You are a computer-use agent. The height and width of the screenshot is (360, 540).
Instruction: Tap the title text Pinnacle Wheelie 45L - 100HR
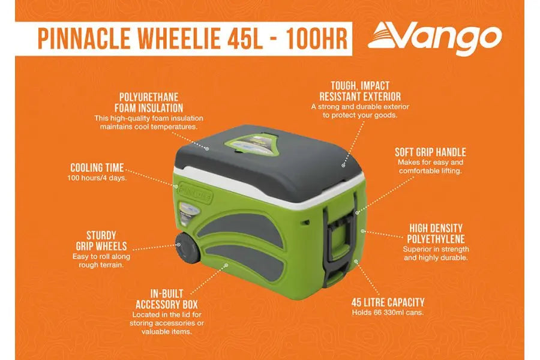(193, 38)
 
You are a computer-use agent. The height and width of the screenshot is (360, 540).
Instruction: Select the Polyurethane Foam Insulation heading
(149, 103)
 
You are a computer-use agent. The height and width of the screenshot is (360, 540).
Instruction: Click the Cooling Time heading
(97, 168)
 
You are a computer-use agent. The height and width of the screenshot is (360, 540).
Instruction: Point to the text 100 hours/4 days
(97, 178)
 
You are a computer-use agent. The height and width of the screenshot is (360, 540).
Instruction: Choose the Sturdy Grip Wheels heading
(101, 241)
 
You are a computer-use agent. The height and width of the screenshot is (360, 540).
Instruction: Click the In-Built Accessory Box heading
(167, 299)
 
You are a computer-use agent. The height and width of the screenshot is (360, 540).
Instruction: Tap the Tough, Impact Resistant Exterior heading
(360, 91)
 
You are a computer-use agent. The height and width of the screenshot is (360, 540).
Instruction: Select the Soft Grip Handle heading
(430, 152)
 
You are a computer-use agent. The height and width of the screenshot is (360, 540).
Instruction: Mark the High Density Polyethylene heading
(436, 233)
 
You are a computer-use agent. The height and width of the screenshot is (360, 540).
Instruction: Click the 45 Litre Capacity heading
(388, 302)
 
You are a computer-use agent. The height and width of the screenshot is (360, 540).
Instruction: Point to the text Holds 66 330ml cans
(388, 313)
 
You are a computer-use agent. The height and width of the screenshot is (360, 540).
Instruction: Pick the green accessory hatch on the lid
(253, 146)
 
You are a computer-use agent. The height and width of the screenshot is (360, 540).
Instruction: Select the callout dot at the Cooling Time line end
(176, 187)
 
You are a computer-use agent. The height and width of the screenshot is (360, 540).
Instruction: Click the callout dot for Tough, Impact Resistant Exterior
(343, 166)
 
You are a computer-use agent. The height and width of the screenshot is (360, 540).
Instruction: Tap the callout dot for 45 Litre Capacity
(356, 262)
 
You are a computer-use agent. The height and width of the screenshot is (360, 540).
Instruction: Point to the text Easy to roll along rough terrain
(101, 261)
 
